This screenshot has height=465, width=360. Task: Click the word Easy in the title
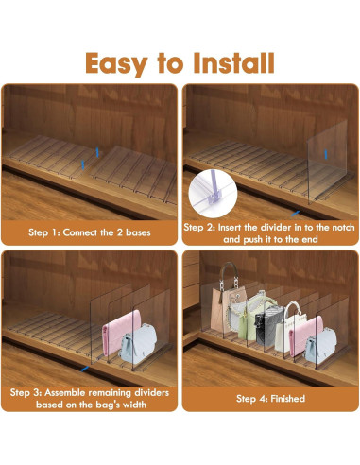tap(116, 64)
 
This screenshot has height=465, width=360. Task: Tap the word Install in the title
tap(233, 63)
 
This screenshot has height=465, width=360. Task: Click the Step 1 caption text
tap(90, 232)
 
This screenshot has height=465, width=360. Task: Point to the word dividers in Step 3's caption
tap(151, 392)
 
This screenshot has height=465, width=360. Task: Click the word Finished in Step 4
tap(287, 399)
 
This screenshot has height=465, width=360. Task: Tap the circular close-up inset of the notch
tap(213, 194)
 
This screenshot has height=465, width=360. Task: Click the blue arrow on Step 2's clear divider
tap(326, 154)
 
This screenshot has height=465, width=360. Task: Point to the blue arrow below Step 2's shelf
tap(295, 214)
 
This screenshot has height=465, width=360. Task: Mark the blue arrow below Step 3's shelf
tap(85, 369)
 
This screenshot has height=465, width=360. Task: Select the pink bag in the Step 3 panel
tap(118, 333)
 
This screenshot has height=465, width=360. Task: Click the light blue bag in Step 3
tap(139, 343)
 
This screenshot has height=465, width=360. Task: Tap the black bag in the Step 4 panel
tap(267, 327)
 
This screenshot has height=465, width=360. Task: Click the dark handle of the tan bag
tap(229, 273)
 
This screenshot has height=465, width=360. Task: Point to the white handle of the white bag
tap(292, 309)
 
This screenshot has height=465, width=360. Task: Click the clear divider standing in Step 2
tap(328, 161)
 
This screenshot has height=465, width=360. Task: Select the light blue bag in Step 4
tap(320, 346)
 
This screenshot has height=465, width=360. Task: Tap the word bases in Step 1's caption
tap(138, 232)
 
